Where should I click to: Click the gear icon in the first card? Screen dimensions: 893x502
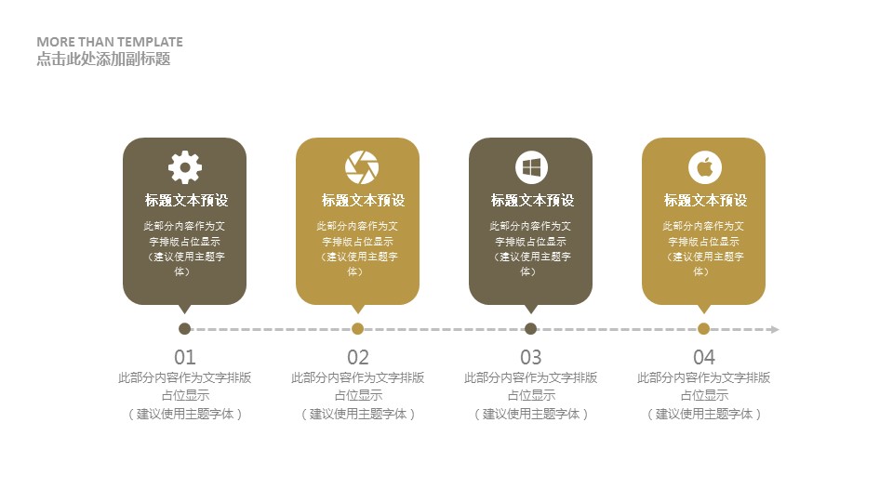tap(185, 167)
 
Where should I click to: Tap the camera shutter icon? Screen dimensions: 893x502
tap(362, 167)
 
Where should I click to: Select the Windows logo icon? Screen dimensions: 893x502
tap(531, 167)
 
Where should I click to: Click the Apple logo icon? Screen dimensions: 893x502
tap(704, 167)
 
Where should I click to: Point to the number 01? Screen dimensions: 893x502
tap(185, 357)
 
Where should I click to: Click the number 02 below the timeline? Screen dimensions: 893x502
tap(358, 357)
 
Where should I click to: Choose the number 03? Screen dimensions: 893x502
tap(531, 357)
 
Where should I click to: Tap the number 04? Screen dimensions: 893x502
tap(704, 357)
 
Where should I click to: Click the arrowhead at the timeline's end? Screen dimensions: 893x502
tap(775, 329)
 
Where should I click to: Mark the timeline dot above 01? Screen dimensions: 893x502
tap(184, 328)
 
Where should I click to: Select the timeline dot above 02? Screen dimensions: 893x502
tap(357, 328)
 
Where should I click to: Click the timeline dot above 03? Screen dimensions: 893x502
tap(531, 328)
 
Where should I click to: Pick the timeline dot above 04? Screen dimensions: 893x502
tap(704, 328)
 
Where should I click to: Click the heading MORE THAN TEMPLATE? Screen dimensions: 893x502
tap(110, 42)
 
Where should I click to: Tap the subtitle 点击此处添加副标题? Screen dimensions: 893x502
tap(103, 59)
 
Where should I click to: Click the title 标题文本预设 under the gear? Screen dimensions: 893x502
tap(186, 201)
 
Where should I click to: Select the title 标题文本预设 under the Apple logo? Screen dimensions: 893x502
tap(705, 201)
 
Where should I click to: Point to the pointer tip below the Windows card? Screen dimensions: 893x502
tap(531, 313)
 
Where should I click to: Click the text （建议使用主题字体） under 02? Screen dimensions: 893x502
tap(358, 414)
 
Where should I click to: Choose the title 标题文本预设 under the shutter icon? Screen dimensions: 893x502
tap(364, 201)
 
